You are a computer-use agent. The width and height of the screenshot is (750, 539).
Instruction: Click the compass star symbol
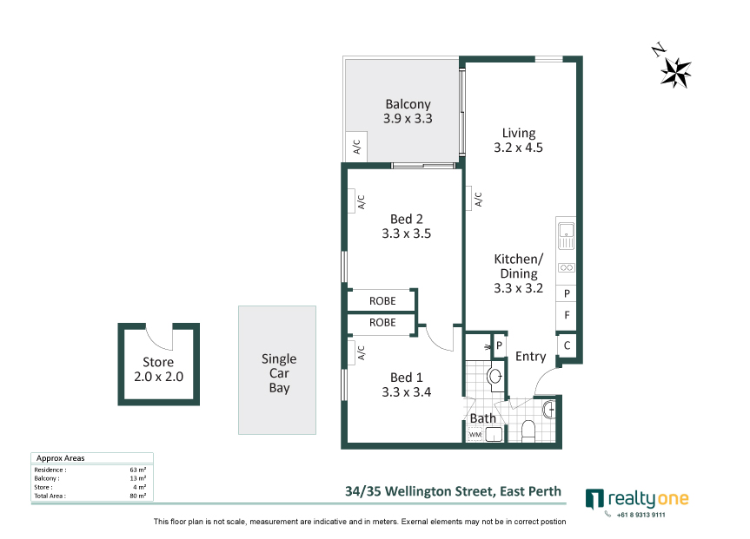coord(675,73)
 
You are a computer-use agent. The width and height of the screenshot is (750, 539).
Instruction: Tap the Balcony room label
coord(408,104)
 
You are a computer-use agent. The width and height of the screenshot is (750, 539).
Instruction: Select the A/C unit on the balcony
coord(356,146)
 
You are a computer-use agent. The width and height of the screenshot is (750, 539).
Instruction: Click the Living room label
coord(519,133)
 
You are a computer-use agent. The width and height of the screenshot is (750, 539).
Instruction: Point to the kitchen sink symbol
coord(567,236)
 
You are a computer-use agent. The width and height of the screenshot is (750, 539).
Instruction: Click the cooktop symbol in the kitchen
coord(567,267)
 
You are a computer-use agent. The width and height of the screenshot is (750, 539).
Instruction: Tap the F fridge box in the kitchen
coord(567,315)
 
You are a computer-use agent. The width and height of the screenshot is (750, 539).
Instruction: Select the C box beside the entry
coord(567,345)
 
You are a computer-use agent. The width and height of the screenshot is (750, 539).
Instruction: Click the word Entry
coord(530,357)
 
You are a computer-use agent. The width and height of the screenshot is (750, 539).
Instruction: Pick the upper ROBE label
coord(382,301)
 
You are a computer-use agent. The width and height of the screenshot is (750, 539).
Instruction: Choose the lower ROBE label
coord(382,323)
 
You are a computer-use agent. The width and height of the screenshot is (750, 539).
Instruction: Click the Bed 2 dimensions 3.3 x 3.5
coord(406,233)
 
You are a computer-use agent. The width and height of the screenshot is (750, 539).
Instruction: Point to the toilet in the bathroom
coord(528,430)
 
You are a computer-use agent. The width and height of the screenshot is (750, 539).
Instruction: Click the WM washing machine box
coord(475,434)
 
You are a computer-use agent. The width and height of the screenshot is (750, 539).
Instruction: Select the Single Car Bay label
coord(279,373)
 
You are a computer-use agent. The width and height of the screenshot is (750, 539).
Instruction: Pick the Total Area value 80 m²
coord(138,496)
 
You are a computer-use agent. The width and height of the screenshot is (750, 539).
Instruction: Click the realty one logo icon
coord(594,499)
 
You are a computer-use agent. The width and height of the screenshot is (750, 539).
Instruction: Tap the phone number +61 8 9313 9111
coord(641,515)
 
